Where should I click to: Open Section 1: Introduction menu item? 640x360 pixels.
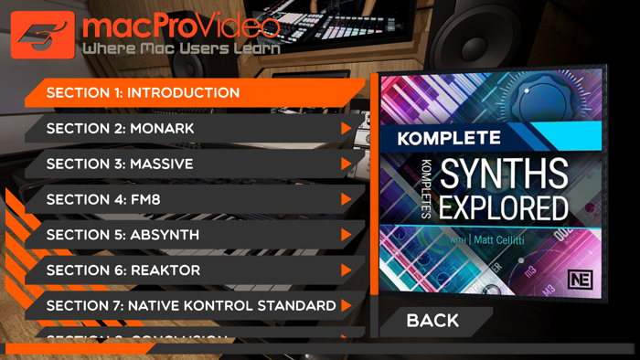coord(144,93)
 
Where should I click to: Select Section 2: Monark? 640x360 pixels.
coord(121,129)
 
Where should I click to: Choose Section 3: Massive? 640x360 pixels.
coord(120,164)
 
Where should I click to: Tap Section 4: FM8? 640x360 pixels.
coord(103,199)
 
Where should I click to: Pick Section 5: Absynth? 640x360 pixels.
coord(123,235)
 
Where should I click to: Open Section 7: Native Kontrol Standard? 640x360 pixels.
coord(191,306)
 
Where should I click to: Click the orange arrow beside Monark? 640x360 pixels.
coord(347,129)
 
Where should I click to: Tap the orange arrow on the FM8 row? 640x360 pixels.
coord(347,199)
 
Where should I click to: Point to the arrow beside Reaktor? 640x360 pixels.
coord(347,270)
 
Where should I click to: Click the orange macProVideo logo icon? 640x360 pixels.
coord(42,35)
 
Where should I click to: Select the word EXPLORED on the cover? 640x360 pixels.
coord(504,207)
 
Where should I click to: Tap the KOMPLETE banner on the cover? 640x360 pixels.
coord(450,139)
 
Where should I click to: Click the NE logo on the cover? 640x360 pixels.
coord(579,280)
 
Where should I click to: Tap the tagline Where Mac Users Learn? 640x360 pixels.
coord(180,48)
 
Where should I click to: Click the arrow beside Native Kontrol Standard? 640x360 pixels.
coord(347,306)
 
